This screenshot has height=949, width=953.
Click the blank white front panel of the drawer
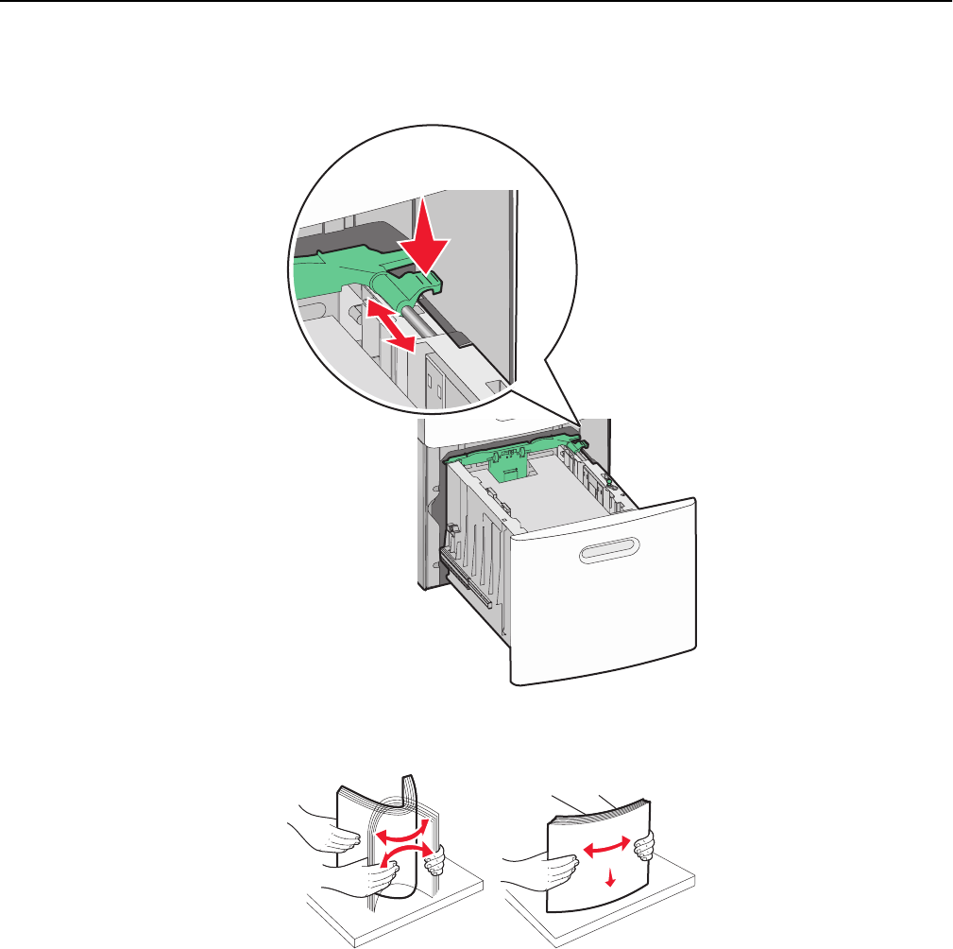[604, 614]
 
